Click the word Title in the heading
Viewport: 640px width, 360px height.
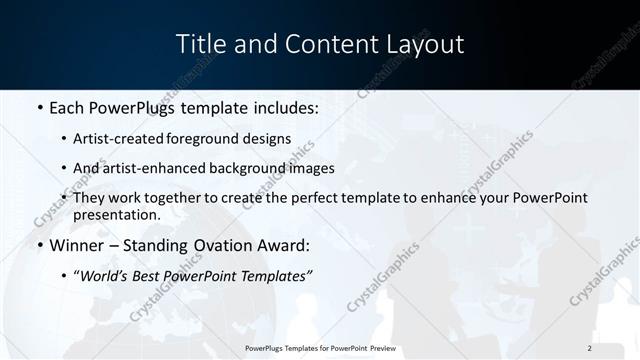198,44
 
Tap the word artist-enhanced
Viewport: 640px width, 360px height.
154,169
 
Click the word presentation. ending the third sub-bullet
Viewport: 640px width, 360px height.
116,215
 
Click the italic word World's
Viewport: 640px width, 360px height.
105,277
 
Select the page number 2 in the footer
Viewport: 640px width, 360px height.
590,347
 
